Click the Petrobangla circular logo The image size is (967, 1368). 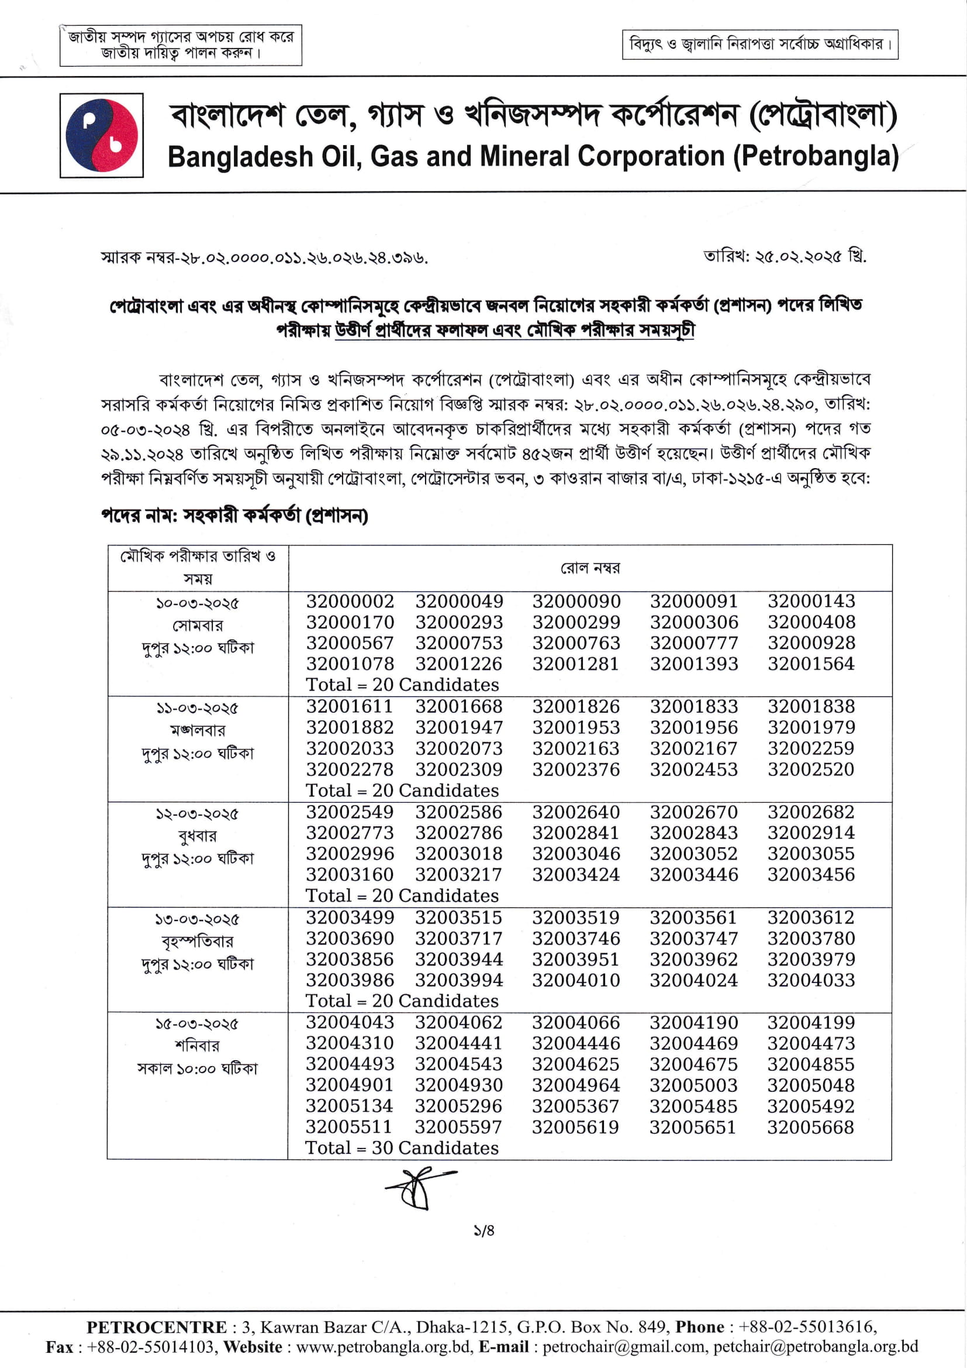(x=101, y=135)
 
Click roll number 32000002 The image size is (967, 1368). (x=350, y=601)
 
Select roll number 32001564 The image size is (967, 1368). (x=810, y=664)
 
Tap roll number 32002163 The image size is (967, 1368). (x=576, y=748)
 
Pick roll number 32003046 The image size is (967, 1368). (x=576, y=854)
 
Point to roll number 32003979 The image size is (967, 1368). (x=810, y=959)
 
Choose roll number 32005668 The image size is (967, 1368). (x=810, y=1128)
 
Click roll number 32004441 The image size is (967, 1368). (x=458, y=1043)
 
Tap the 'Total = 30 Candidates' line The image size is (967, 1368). (x=402, y=1148)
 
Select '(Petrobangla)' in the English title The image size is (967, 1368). (x=815, y=157)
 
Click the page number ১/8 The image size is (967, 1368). (x=484, y=1230)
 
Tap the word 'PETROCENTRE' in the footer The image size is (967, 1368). (x=157, y=1327)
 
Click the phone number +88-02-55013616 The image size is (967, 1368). (x=806, y=1327)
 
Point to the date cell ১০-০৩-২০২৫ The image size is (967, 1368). (x=197, y=604)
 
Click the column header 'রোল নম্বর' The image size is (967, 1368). (x=589, y=568)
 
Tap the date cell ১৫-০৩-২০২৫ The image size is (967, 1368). (x=197, y=1024)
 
